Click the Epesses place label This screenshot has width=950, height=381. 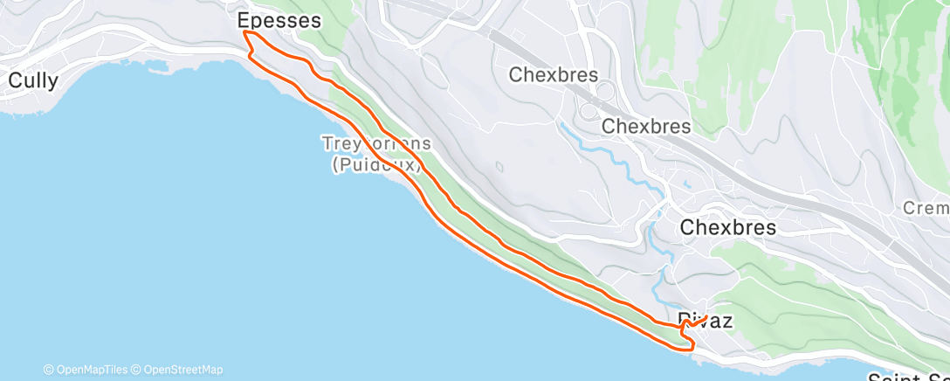point(279,19)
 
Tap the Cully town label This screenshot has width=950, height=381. point(33,80)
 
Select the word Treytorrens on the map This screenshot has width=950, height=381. point(376,142)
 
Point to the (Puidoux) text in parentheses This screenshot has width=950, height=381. point(377,163)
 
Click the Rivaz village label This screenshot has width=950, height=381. point(705,321)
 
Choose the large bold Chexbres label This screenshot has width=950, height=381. point(727,227)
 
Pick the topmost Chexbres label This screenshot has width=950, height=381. point(553,74)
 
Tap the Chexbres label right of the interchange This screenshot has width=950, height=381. point(646,126)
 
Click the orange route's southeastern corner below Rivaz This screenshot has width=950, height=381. point(692,347)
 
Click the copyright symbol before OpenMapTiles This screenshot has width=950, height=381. point(49,370)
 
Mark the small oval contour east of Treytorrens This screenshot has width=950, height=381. point(499,167)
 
